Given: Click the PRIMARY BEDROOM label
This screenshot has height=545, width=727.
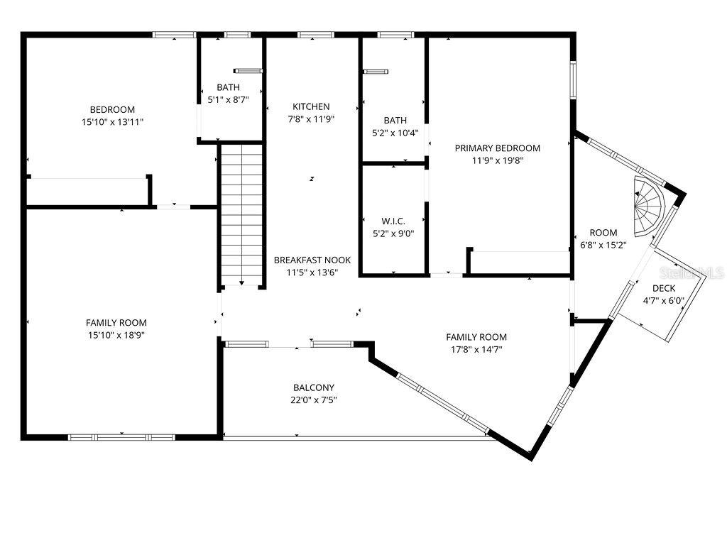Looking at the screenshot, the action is click(x=497, y=148).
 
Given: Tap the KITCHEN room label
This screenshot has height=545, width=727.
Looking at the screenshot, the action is click(x=311, y=106).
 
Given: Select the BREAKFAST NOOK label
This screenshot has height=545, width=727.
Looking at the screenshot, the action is click(x=312, y=260).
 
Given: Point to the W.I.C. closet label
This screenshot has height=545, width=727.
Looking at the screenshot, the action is click(x=393, y=221).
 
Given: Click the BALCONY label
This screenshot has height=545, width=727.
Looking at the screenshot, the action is click(x=313, y=387).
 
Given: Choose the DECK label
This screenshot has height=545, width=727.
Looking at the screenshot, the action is click(x=664, y=288).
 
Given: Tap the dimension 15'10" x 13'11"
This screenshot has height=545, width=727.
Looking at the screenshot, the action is click(x=112, y=122).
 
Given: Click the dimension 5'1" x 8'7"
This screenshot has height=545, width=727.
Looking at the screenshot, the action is click(x=228, y=99).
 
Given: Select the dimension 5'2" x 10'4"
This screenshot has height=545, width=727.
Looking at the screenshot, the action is click(x=395, y=133).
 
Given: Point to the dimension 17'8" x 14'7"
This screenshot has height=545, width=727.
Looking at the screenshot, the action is click(x=476, y=349).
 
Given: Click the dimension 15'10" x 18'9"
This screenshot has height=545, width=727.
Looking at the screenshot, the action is click(x=116, y=335).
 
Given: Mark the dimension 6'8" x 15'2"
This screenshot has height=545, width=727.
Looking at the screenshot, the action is click(x=603, y=245).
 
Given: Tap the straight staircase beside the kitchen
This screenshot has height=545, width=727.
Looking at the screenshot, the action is click(x=241, y=214).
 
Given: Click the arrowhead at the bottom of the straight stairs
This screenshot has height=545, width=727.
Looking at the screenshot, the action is click(x=241, y=282).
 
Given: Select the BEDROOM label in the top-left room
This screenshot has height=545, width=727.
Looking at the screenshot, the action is click(x=112, y=110).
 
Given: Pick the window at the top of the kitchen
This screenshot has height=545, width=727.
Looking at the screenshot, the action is click(x=316, y=35).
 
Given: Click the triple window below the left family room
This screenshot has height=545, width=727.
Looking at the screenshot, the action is click(x=121, y=437).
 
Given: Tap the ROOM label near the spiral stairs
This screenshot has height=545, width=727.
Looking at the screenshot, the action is click(x=603, y=233).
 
